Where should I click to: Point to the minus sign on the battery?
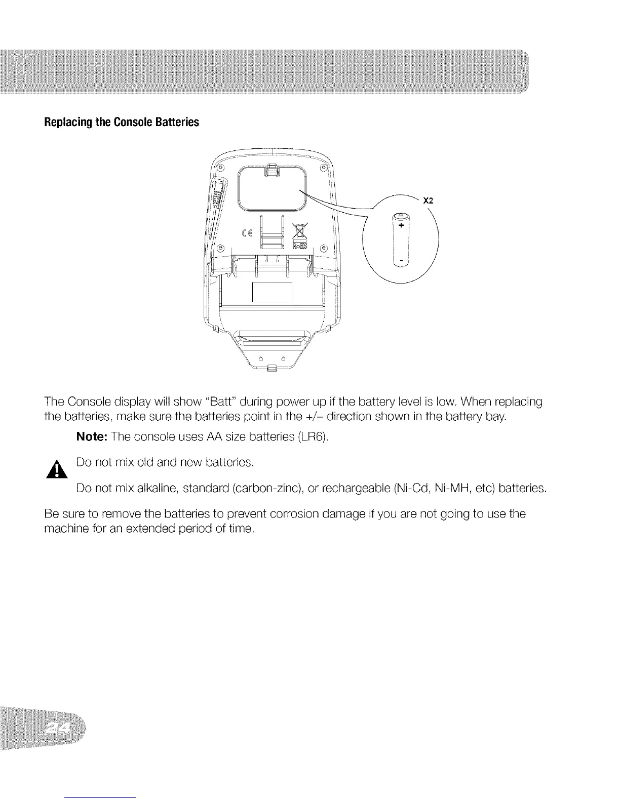pos(401,261)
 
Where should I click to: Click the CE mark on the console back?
pos(248,233)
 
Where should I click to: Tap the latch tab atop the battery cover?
pos(272,169)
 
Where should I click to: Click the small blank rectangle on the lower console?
pos(272,292)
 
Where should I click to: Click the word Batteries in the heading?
pos(178,123)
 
